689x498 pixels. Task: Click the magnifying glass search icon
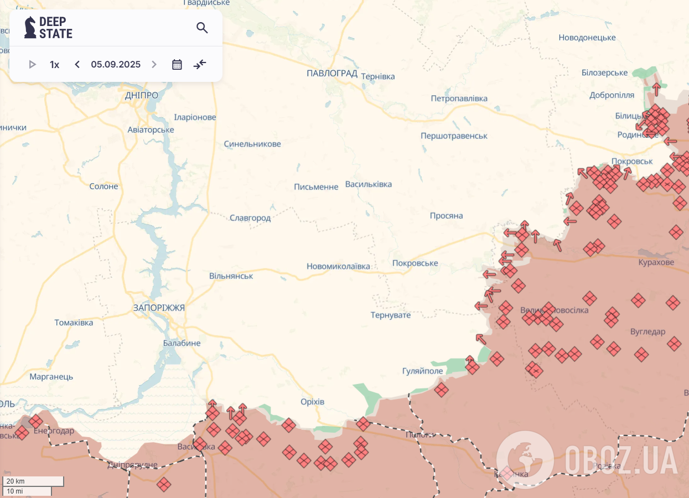202,28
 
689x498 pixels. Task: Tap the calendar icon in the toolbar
177,65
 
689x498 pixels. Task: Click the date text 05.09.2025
116,65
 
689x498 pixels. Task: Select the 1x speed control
54,65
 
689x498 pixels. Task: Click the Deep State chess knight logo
30,27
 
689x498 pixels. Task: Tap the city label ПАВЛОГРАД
331,73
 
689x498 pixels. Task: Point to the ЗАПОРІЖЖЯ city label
159,308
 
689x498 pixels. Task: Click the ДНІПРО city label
141,95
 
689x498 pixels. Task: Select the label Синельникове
252,144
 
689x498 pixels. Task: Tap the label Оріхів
312,402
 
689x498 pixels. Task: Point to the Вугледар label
647,331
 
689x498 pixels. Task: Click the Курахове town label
656,262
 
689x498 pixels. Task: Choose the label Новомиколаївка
338,266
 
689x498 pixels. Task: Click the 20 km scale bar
33,481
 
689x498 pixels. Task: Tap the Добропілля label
612,95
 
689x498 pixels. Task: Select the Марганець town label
51,377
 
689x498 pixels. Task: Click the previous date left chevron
77,65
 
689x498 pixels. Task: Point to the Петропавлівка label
459,98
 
